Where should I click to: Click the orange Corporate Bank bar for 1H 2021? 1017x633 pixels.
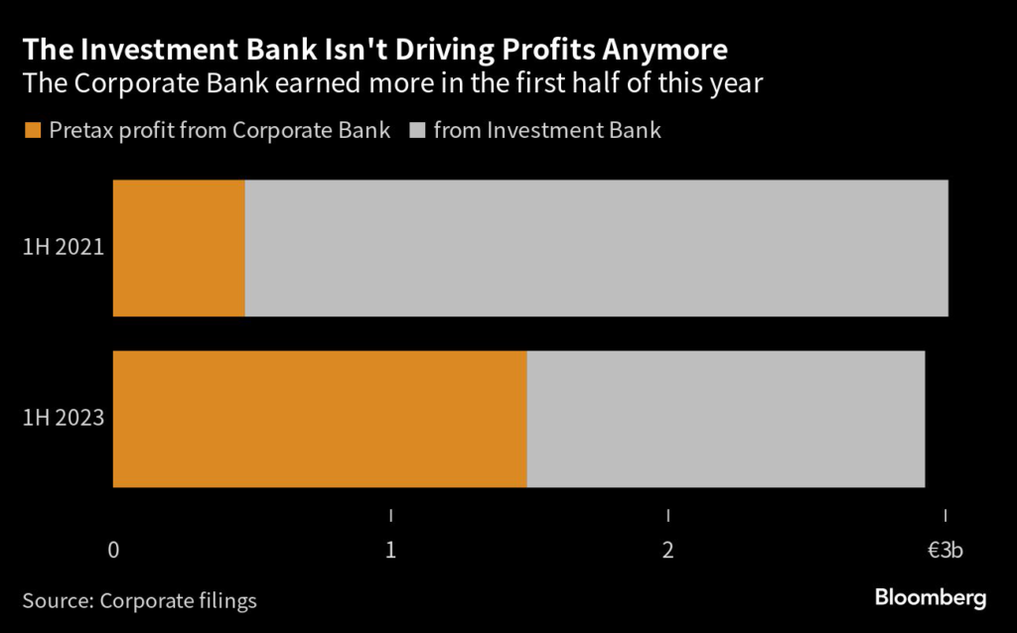(179, 248)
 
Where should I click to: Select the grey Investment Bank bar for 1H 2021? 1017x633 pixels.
(596, 248)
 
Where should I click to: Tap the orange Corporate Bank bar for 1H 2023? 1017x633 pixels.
(320, 419)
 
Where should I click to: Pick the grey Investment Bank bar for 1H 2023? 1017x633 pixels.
(726, 419)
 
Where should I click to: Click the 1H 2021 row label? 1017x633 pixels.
(64, 248)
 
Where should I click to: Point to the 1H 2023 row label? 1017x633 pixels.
(64, 419)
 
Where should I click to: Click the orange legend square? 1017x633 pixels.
(33, 130)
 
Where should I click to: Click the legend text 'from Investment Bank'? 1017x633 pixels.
(547, 130)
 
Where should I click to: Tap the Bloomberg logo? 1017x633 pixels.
(931, 597)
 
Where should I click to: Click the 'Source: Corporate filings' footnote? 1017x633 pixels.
(139, 599)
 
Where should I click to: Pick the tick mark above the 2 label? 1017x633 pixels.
(668, 516)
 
